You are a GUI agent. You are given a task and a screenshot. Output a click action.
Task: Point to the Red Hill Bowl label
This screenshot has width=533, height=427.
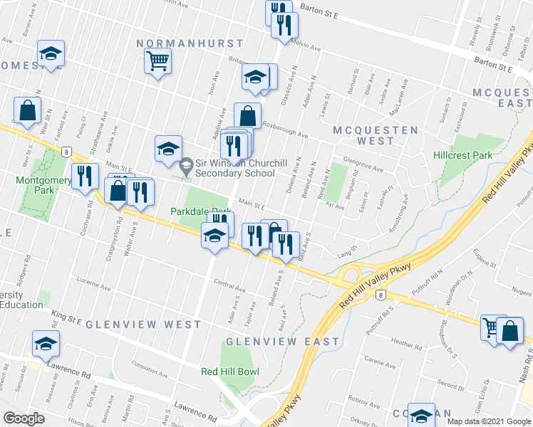(x=229, y=371)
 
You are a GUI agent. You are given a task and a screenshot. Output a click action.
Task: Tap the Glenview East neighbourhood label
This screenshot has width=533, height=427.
(x=283, y=342)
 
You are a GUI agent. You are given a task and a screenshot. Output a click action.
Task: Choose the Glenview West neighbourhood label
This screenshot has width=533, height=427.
(x=143, y=325)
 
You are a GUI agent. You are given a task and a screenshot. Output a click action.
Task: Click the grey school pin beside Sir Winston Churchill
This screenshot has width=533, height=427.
(x=186, y=167)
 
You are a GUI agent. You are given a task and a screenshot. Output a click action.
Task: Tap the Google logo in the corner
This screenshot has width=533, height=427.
(x=24, y=418)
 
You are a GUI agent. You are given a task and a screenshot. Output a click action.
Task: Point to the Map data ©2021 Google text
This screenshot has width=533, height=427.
(x=488, y=421)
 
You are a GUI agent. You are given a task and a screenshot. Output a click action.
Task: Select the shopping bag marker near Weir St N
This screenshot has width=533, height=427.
(x=27, y=111)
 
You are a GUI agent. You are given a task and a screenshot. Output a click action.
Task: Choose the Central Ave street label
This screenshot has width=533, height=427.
(x=230, y=285)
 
